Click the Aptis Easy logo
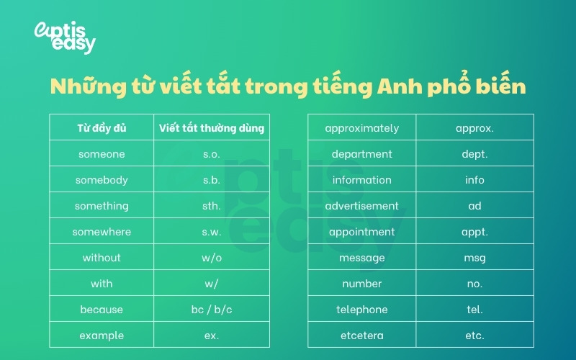point(65,37)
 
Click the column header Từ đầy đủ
point(102,128)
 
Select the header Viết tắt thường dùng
point(212,128)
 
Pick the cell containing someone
point(102,154)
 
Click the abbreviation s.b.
point(212,180)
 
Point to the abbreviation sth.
point(212,206)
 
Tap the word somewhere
point(102,232)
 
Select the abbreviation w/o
point(212,258)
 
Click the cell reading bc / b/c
point(212,310)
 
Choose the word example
point(102,336)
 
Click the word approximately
point(361,128)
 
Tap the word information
point(361,180)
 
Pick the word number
point(361,284)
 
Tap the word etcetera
point(361,336)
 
